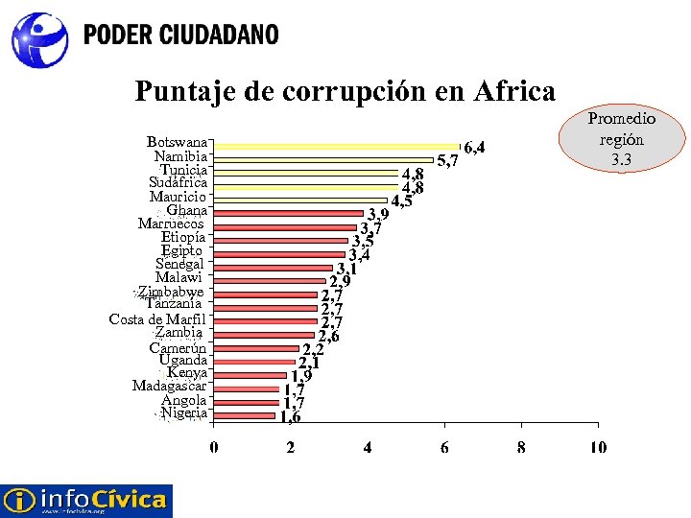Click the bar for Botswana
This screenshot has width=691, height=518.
pos(336,146)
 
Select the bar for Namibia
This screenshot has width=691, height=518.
pos(323,159)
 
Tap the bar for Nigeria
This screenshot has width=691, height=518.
pos(245,415)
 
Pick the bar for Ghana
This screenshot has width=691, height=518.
pos(288,213)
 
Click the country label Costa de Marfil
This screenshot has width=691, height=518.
pos(157,319)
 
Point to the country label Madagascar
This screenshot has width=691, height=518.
pos(169,387)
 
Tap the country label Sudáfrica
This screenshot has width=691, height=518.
pos(178,182)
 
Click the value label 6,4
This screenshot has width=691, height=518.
pos(475,148)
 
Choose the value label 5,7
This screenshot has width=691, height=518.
pos(447,161)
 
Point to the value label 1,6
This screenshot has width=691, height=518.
pos(290,416)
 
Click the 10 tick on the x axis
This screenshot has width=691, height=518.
pos(598,447)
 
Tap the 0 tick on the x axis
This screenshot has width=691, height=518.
pos(214,447)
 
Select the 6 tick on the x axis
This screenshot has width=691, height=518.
pos(444,447)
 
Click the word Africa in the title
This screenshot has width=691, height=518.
pos(514,91)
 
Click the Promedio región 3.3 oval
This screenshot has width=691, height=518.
pos(622,139)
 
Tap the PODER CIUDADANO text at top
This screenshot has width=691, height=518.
pos(181,35)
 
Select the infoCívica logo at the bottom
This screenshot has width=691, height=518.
pos(85,500)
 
